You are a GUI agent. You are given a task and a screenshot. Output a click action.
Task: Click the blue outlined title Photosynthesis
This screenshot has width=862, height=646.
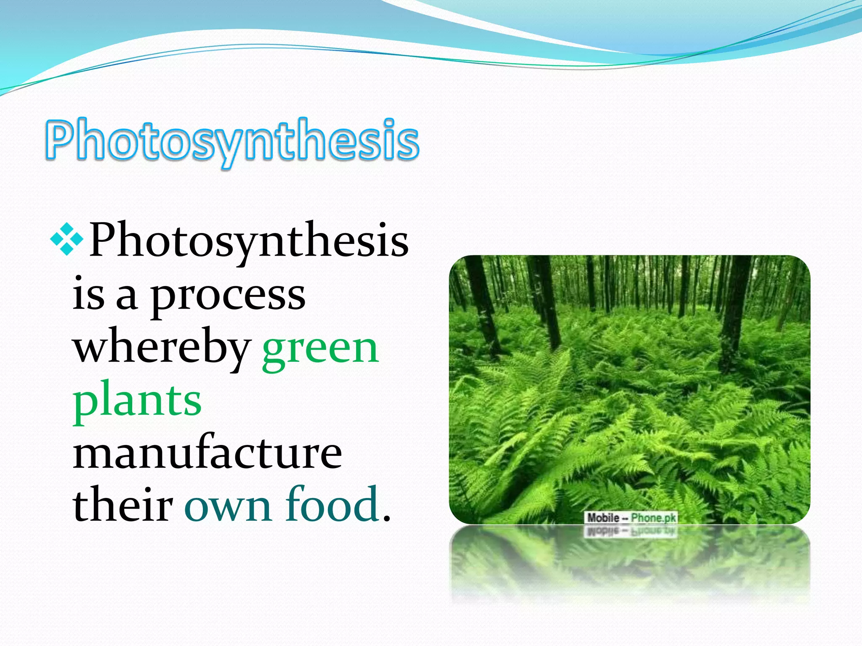[232, 141]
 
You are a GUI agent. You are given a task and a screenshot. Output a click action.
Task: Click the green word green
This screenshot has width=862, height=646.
[320, 349]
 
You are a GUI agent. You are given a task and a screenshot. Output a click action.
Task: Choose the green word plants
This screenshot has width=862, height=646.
[137, 402]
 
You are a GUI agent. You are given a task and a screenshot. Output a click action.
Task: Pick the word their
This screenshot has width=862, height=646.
[122, 505]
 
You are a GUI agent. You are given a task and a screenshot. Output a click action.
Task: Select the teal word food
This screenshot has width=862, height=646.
[332, 505]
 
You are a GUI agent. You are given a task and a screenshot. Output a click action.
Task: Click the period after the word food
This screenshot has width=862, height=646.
[387, 517]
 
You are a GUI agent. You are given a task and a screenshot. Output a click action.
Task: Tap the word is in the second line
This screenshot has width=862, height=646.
[88, 295]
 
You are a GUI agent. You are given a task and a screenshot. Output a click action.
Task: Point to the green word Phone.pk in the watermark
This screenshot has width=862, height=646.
[653, 518]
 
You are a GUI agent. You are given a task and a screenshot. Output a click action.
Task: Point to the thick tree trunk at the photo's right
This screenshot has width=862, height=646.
[734, 311]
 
